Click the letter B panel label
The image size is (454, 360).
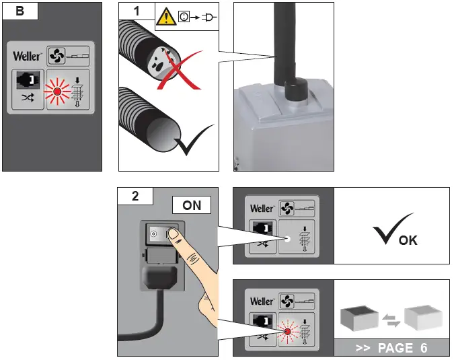coord(20,11)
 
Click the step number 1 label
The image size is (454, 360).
coord(137,11)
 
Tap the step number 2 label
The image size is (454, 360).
coord(135,196)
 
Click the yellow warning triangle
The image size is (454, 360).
coord(166,17)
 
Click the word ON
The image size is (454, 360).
coord(192,205)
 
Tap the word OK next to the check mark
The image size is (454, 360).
coord(408,240)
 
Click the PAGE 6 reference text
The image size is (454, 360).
coord(402,348)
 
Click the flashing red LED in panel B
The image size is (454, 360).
coord(57,92)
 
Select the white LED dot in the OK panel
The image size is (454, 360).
coord(287,240)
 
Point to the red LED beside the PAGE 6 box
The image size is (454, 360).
coord(287,332)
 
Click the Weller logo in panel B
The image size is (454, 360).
coord(27,56)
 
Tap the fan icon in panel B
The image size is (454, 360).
coord(56,56)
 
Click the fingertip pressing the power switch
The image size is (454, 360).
coord(174,233)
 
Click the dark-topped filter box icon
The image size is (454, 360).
coord(359,318)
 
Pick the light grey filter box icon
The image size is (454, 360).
coord(423,318)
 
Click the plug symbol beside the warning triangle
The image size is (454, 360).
coord(209,17)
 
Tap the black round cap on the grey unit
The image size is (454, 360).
coord(296,89)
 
